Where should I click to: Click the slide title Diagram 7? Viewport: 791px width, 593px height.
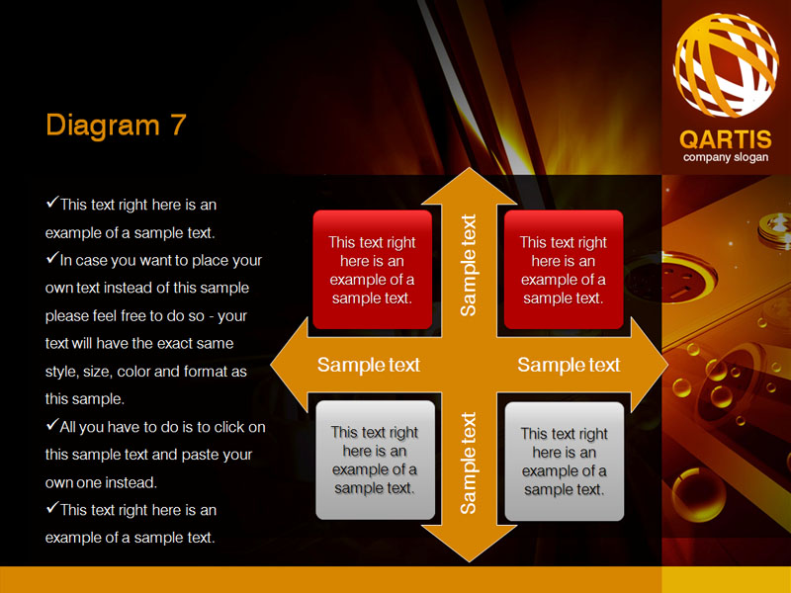pyautogui.click(x=116, y=125)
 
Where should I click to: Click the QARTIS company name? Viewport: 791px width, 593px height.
pyautogui.click(x=726, y=139)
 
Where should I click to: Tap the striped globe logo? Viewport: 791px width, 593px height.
pyautogui.click(x=726, y=65)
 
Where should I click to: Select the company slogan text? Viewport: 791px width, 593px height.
pyautogui.click(x=726, y=157)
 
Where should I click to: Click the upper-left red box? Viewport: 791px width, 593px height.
pyautogui.click(x=373, y=270)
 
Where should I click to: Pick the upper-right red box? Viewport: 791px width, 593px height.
pyautogui.click(x=564, y=270)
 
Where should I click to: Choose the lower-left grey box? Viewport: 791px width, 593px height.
pyautogui.click(x=375, y=460)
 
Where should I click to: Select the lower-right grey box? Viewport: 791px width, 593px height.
pyautogui.click(x=564, y=461)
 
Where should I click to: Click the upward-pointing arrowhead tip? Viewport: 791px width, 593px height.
pyautogui.click(x=470, y=168)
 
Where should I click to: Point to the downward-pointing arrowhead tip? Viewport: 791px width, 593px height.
pyautogui.click(x=470, y=560)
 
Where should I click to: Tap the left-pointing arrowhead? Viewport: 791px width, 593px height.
pyautogui.click(x=289, y=365)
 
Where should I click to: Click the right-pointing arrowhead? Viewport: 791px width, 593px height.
pyautogui.click(x=650, y=365)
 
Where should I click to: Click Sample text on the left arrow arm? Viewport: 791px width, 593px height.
pyautogui.click(x=368, y=365)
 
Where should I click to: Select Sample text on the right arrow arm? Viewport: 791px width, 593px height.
pyautogui.click(x=569, y=365)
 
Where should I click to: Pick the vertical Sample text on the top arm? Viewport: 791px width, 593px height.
pyautogui.click(x=468, y=265)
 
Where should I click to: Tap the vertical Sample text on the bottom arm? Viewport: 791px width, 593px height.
pyautogui.click(x=468, y=464)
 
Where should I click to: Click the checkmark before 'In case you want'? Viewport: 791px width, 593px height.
pyautogui.click(x=52, y=258)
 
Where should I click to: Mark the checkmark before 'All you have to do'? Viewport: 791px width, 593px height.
pyautogui.click(x=52, y=425)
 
